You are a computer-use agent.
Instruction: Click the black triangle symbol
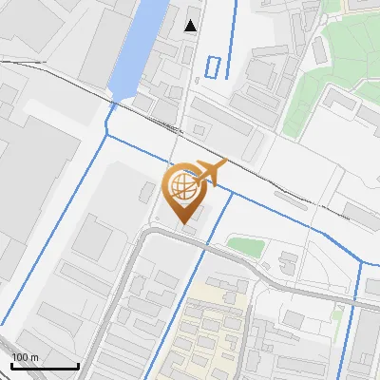pos(192,26)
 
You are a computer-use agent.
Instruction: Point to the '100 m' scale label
pos(25,357)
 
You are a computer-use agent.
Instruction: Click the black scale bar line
pos(44,366)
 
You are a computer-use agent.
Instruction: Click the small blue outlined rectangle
pos(215,66)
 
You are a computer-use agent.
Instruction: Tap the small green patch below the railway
pos(245,247)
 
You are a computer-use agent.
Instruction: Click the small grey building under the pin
pos(189,228)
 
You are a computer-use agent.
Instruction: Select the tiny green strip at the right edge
pos(336,312)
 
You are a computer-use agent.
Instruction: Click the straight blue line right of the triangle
pos(234,28)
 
